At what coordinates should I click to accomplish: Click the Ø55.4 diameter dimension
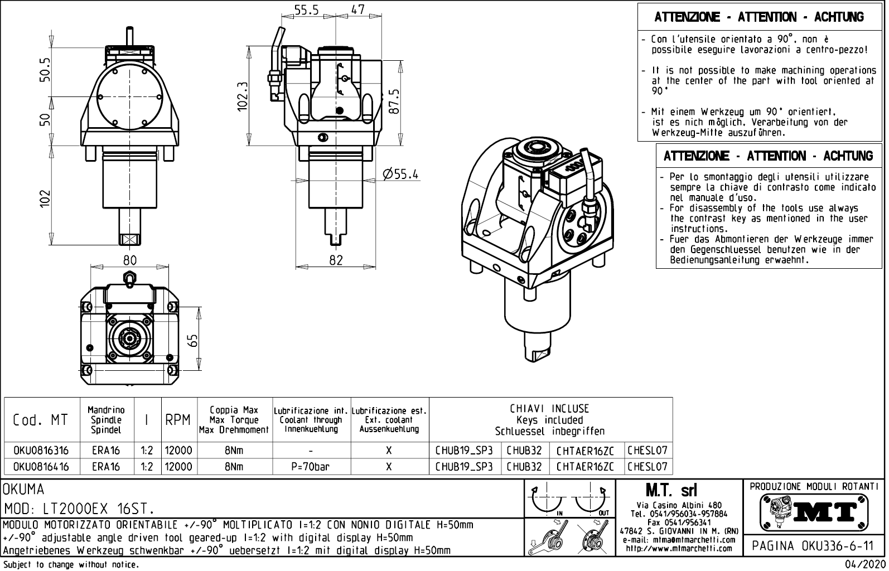coord(401,174)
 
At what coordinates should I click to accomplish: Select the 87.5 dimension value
coord(394,101)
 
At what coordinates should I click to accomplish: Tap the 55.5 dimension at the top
coord(307,9)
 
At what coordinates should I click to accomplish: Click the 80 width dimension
coord(130,260)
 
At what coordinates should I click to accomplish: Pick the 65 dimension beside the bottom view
coord(193,340)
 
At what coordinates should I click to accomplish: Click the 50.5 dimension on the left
coord(45,70)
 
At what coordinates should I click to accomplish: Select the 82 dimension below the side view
coord(336,260)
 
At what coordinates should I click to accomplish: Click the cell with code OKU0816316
coord(41,451)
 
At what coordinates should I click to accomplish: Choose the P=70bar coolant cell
coord(311,467)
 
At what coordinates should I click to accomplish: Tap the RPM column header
coord(178,420)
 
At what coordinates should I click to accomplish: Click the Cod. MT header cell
coord(41,420)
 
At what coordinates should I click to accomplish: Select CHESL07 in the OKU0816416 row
coord(647,467)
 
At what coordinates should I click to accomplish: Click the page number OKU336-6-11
coord(814,546)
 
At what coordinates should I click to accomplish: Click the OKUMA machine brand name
coord(23,490)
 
